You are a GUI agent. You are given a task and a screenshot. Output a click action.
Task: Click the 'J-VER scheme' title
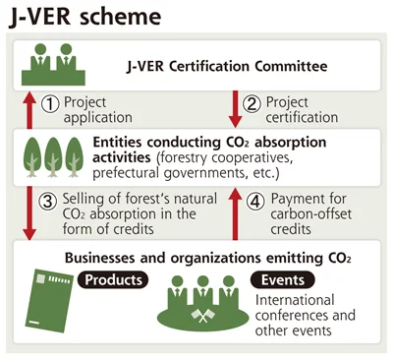pos(85,16)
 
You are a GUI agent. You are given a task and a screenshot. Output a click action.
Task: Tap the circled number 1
pos(50,104)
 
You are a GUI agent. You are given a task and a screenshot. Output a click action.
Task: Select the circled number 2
pos(252,104)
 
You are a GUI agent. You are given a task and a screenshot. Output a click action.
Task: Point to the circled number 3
pos(48,201)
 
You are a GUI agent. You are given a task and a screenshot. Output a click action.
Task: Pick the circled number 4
pos(255,201)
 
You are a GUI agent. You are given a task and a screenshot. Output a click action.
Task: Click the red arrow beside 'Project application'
pos(29,110)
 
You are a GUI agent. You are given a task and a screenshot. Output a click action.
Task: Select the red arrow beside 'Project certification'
pos(236,109)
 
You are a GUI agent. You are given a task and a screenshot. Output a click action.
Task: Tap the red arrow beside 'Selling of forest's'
pos(29,213)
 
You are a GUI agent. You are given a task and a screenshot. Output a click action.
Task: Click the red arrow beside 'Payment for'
pos(235,213)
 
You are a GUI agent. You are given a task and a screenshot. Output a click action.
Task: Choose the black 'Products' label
pos(113,279)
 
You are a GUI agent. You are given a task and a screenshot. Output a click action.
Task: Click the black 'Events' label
pos(283,280)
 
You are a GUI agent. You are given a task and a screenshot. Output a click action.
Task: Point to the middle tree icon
pos(53,157)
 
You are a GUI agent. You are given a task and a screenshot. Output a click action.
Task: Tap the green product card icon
pos(49,300)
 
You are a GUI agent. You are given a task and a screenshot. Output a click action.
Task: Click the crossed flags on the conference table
pos(203,316)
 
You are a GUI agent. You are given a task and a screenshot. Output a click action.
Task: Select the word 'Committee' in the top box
pos(291,66)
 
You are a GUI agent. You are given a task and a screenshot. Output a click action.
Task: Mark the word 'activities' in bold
pos(122,157)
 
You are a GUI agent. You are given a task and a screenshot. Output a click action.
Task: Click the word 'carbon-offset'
pos(311,214)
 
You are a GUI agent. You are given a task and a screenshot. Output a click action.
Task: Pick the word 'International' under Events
pos(295,300)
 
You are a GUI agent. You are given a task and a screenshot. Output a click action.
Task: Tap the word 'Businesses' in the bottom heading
pos(100,258)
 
